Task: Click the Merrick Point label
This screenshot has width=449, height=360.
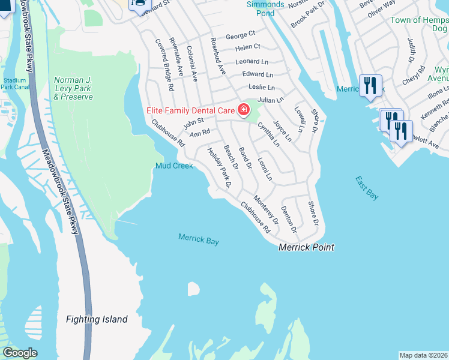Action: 306,247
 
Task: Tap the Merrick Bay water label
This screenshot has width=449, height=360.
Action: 198,239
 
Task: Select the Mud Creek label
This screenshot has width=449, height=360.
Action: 174,166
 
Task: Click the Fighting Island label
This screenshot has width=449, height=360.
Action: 97,319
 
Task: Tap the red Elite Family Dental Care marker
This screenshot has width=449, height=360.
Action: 244,109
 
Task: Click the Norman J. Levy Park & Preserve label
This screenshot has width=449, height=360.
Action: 73,88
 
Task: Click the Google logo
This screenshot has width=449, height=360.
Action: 20,353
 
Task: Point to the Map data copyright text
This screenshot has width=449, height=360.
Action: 423,355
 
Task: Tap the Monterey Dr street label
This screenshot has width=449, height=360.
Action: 265,209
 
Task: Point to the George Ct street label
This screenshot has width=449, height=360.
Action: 240,36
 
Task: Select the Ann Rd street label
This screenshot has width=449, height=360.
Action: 199,133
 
